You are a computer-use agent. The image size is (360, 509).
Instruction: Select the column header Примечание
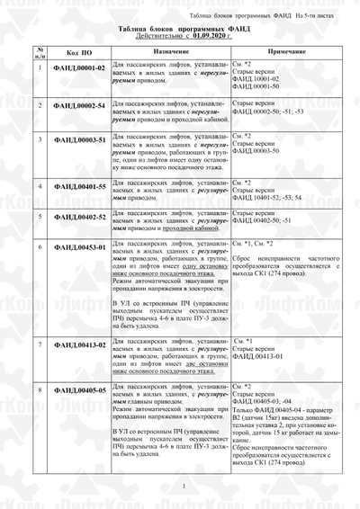(x=286, y=51)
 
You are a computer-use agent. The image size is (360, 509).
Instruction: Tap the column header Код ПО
(x=79, y=52)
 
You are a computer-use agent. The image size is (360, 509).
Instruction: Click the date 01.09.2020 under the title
(x=209, y=37)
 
